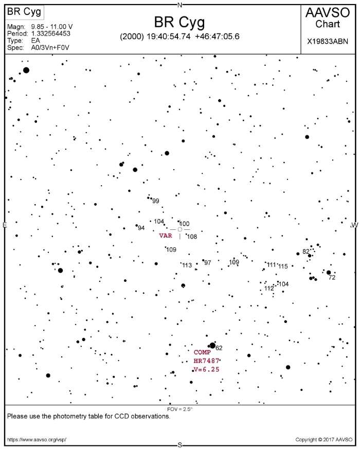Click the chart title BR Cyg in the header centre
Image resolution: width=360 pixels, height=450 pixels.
point(179,22)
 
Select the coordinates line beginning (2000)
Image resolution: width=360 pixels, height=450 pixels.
point(179,37)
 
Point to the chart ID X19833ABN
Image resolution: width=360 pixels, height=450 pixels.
point(328,42)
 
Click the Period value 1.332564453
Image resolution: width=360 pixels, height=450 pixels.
point(50,33)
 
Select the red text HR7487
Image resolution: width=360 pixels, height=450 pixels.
point(206,361)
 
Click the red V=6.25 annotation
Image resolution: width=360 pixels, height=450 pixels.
point(207,369)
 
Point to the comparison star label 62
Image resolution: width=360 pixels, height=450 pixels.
point(219,348)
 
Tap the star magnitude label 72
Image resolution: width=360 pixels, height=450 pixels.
point(332,278)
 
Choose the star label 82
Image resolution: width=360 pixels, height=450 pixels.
point(306,251)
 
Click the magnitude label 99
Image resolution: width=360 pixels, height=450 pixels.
point(156,201)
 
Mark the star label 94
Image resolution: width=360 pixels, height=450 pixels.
point(141,228)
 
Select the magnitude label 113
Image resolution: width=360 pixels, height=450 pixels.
point(187,265)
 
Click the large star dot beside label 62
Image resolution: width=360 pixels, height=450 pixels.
point(212,346)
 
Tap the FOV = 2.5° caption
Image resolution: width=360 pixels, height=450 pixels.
point(179,409)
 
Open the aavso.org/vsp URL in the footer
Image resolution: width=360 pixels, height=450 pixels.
point(37,440)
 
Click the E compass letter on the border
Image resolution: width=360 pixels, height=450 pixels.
point(4,225)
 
